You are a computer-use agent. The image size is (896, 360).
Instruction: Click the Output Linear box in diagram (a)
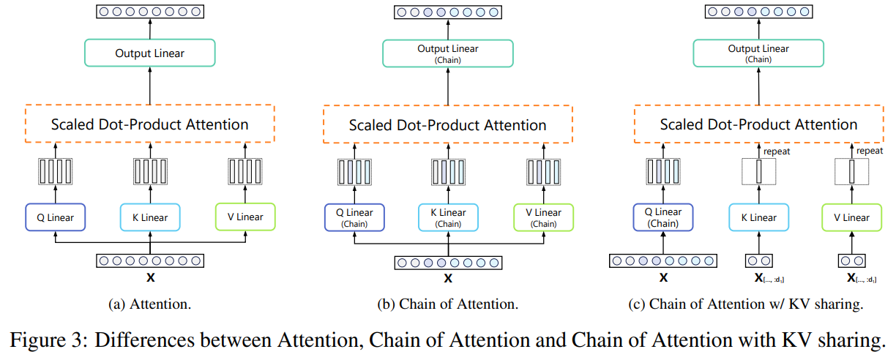click(150, 53)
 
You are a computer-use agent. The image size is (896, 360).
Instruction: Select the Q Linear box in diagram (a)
click(55, 217)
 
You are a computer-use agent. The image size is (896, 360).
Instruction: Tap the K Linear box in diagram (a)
click(150, 217)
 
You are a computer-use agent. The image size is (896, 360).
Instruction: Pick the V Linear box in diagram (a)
click(245, 217)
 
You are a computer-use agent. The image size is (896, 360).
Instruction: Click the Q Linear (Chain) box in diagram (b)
click(354, 217)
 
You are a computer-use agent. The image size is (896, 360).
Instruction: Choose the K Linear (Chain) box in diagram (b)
click(449, 217)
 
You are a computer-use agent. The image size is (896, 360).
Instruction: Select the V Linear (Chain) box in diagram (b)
click(544, 217)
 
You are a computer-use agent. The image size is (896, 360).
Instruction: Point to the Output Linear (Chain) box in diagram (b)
click(449, 53)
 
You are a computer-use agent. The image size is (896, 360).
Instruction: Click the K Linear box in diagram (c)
click(758, 217)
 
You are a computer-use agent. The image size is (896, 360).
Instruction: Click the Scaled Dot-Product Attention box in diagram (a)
click(150, 124)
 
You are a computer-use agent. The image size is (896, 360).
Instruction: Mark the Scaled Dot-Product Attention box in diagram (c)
click(758, 124)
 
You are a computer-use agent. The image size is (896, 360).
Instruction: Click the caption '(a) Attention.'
click(150, 304)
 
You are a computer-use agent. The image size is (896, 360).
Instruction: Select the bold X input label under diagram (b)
click(449, 278)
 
